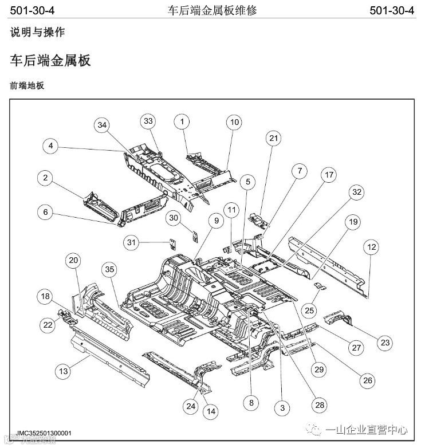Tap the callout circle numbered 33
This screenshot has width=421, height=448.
pyautogui.click(x=148, y=121)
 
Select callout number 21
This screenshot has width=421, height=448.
pyautogui.click(x=274, y=138)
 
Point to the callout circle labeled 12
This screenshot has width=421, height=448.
pyautogui.click(x=372, y=247)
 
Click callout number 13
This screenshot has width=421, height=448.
pyautogui.click(x=64, y=371)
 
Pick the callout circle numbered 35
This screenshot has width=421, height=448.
pyautogui.click(x=109, y=269)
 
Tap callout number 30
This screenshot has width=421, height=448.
pyautogui.click(x=174, y=217)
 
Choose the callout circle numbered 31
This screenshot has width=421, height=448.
pyautogui.click(x=132, y=242)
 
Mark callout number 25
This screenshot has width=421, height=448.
pyautogui.click(x=309, y=310)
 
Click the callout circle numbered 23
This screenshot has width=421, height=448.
pyautogui.click(x=385, y=343)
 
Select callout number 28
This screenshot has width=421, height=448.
pyautogui.click(x=319, y=404)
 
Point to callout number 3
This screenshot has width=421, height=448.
pyautogui.click(x=281, y=407)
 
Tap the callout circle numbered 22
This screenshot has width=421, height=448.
pyautogui.click(x=47, y=324)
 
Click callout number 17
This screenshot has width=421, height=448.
pyautogui.click(x=328, y=176)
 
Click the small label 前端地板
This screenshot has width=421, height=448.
pyautogui.click(x=27, y=85)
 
